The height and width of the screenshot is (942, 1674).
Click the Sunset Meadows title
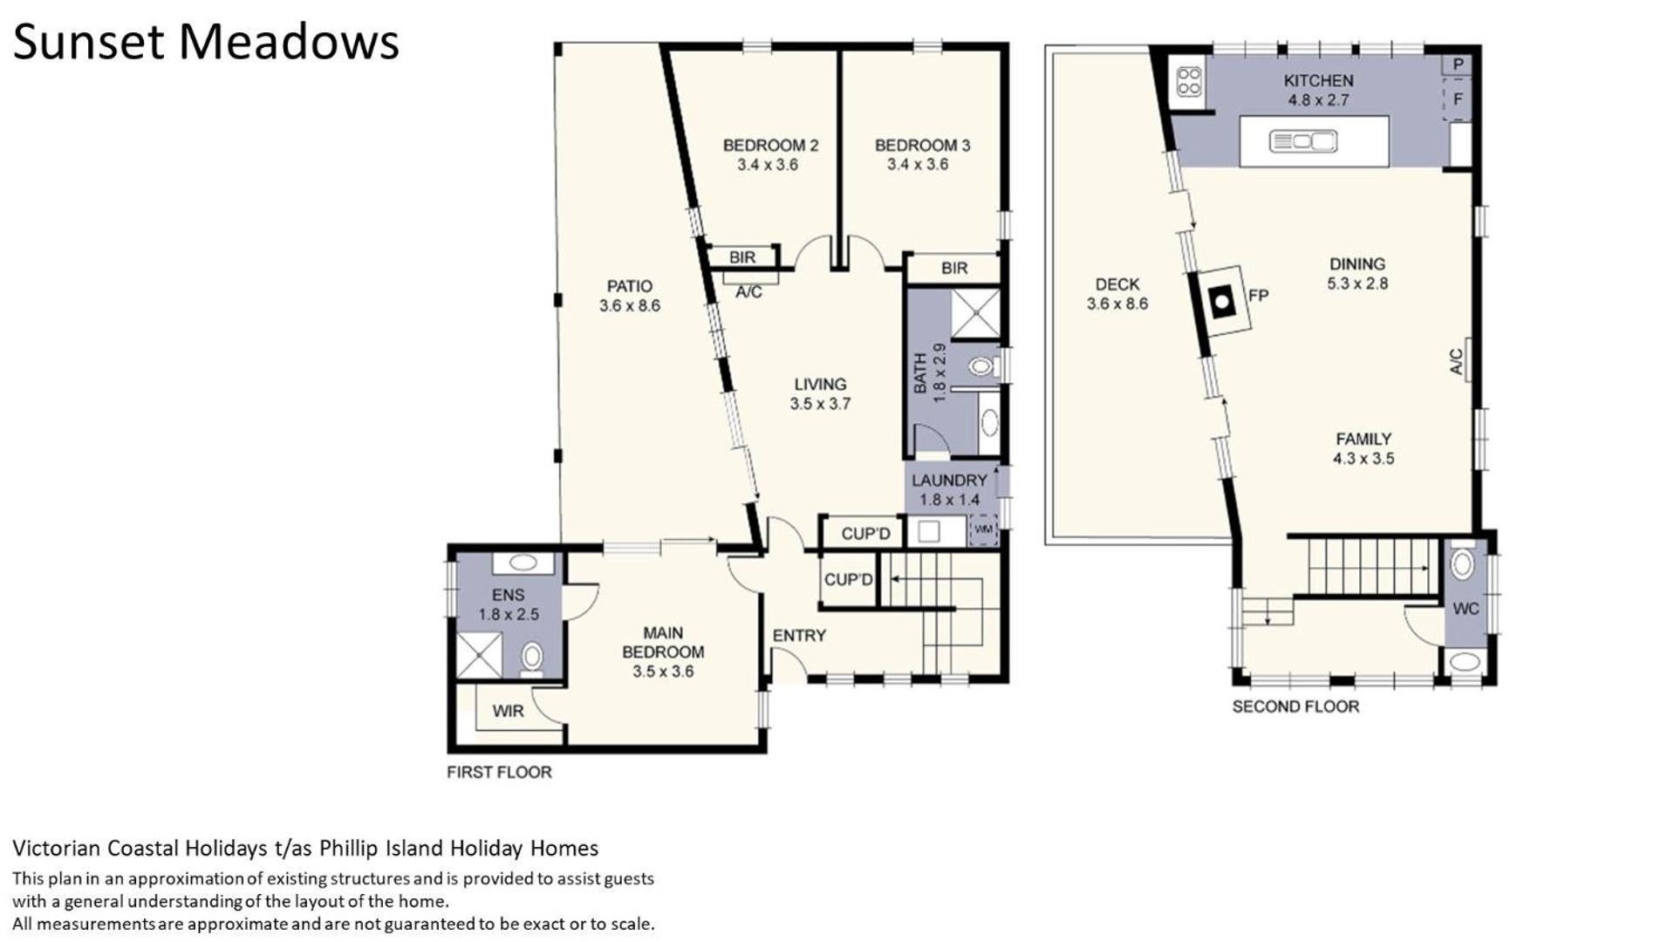coord(206,42)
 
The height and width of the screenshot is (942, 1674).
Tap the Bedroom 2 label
coord(770,146)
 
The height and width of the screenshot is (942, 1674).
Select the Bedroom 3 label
coord(922,146)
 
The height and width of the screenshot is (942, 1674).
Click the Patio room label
coord(629,286)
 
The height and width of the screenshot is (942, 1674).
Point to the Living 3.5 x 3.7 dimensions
coord(820,404)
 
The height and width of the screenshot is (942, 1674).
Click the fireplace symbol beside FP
coord(1224,300)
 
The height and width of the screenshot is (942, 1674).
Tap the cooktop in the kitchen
coord(1189,81)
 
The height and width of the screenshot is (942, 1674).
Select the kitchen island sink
coord(1302,140)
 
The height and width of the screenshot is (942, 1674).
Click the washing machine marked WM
coord(983,529)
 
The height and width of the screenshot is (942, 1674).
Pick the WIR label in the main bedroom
coord(508,712)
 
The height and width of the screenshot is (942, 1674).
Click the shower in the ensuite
coord(480,655)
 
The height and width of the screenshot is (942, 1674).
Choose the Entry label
coord(799,636)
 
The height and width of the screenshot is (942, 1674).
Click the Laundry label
coord(949,481)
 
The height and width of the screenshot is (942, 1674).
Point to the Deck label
coord(1117,284)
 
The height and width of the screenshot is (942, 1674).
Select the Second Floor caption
coord(1295,706)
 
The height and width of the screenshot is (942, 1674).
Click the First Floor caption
coord(499,772)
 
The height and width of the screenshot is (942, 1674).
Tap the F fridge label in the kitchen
coord(1457,99)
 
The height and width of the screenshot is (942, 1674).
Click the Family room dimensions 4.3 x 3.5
coord(1363,459)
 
